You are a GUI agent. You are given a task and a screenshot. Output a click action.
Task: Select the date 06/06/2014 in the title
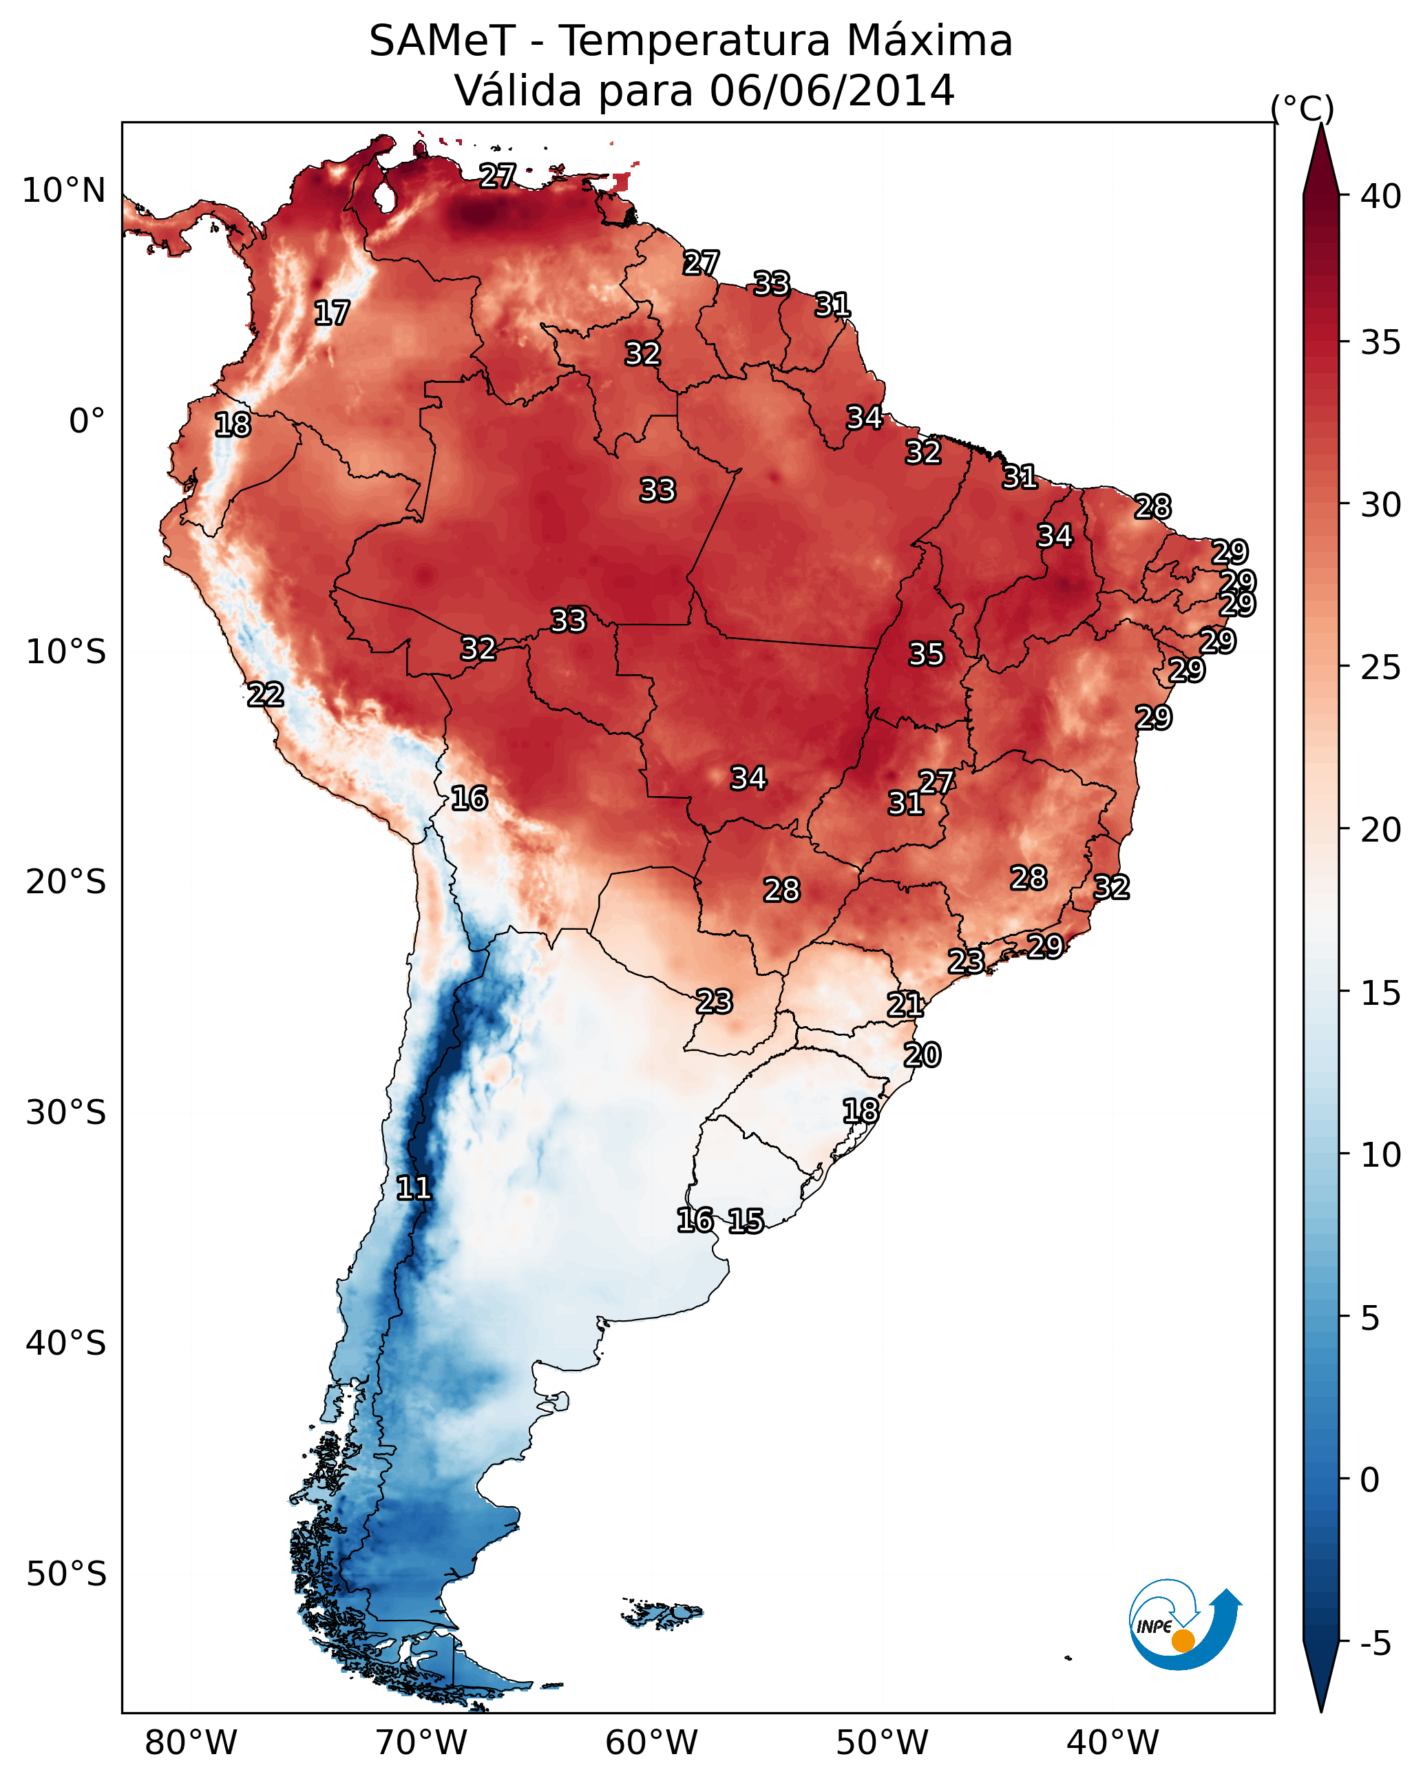832,90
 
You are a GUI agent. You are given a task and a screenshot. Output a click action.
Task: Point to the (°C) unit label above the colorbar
1302,108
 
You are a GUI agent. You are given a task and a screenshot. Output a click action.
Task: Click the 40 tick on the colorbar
1381,196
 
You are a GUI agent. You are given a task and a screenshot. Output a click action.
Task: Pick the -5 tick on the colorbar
1376,1644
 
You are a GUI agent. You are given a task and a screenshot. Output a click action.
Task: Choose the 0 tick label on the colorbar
1369,1480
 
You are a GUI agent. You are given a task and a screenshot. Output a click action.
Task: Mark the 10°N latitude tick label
63,191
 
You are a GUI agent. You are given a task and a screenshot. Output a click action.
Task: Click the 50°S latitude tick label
66,1574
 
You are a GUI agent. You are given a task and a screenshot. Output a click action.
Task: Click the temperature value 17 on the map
332,313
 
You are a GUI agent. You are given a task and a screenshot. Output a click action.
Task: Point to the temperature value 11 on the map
414,1188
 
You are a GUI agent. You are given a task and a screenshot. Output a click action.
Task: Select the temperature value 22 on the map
266,695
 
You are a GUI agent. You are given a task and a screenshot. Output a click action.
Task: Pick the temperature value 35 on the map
926,654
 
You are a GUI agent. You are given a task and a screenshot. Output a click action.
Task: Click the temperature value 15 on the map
746,1221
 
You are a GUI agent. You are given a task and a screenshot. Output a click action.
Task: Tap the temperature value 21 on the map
905,1005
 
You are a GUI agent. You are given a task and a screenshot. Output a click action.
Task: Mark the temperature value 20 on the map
922,1055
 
